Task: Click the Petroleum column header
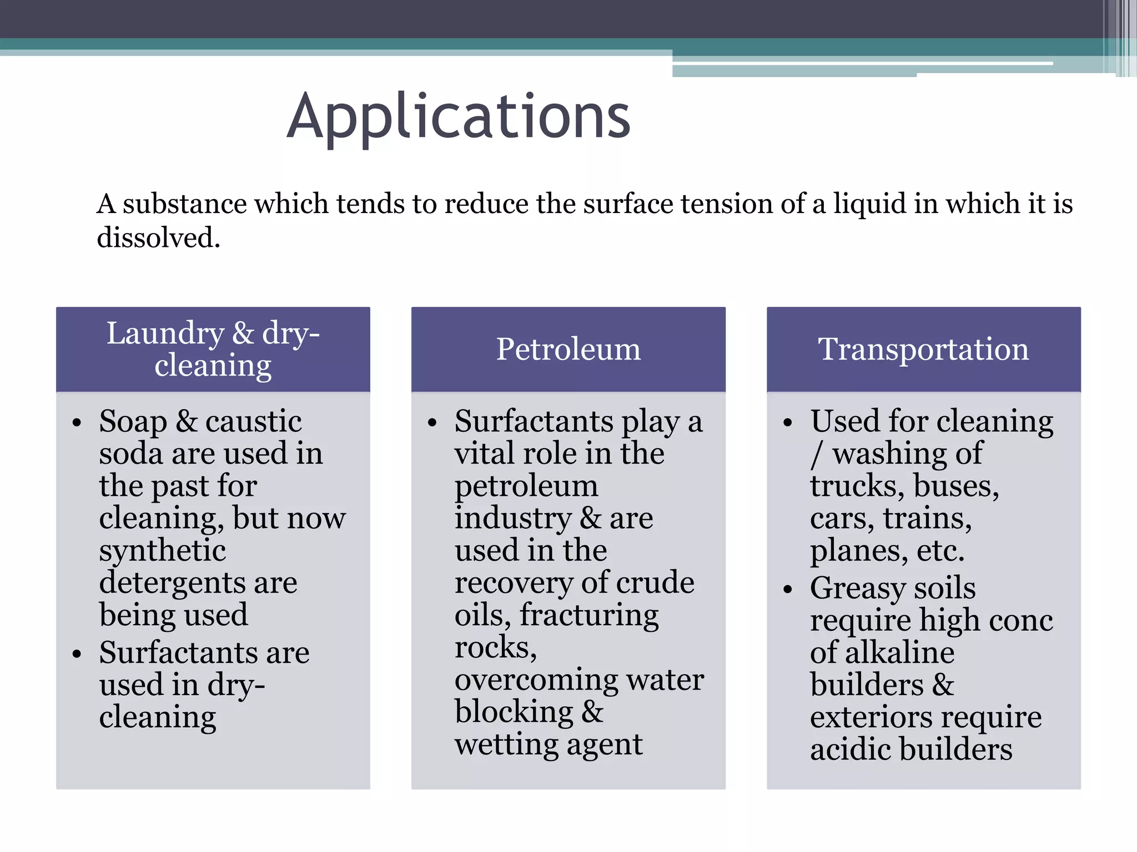[x=568, y=349]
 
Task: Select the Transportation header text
[x=923, y=349]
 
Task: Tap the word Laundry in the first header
[x=165, y=334]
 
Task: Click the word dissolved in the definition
[x=158, y=238]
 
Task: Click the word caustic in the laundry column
[x=253, y=422]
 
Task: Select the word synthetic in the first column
[x=162, y=551]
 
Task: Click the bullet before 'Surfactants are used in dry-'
[x=77, y=654]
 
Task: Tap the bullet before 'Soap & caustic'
[x=77, y=423]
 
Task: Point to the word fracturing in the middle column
[x=589, y=615]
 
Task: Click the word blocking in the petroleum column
[x=514, y=712]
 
